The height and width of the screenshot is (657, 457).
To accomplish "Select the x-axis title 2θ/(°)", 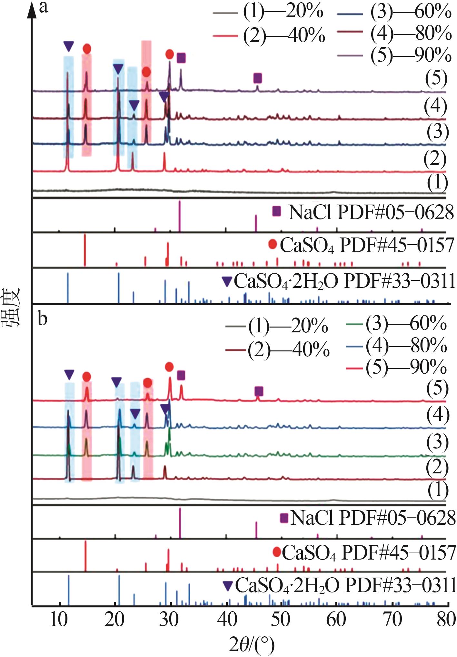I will (x=252, y=645).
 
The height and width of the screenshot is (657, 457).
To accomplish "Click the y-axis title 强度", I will (x=12, y=307).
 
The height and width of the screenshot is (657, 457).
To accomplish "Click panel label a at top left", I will (x=43, y=7).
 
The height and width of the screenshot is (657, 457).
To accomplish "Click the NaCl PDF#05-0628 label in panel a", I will (x=371, y=212).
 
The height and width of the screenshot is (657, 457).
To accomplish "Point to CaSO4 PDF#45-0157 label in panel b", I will (x=369, y=552).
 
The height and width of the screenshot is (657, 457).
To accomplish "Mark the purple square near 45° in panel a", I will (x=257, y=78).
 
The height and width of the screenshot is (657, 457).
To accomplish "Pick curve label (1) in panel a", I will (x=437, y=183).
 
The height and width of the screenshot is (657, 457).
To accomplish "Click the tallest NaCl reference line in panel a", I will (x=180, y=216).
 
